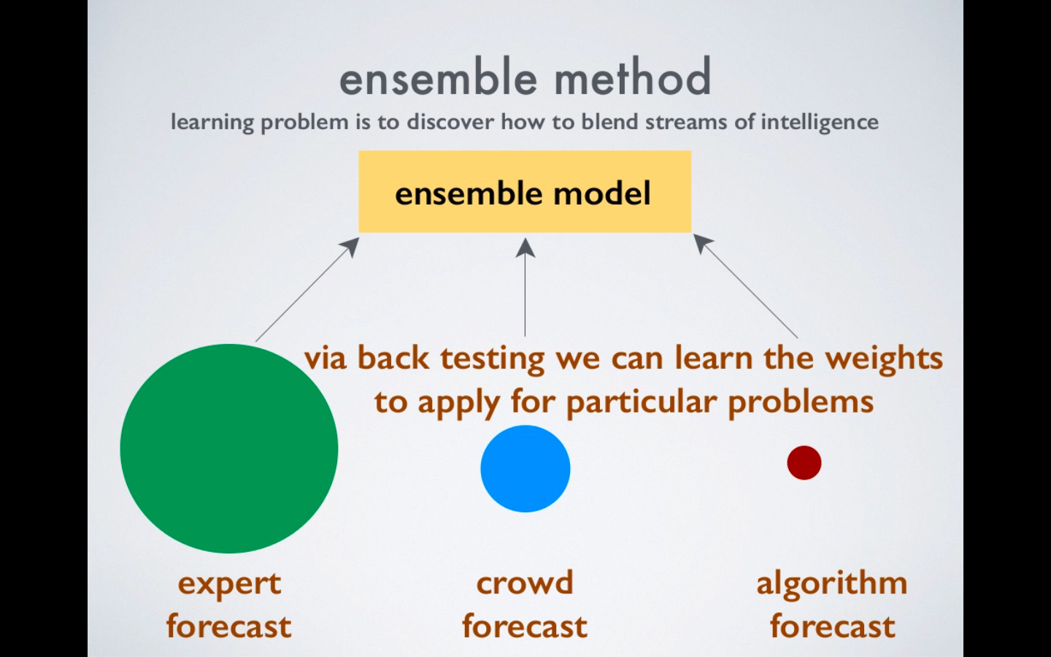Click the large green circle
click(228, 448)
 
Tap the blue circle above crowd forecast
click(525, 469)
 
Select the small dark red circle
click(804, 463)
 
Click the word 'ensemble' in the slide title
click(438, 77)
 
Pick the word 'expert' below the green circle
click(229, 584)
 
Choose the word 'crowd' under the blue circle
click(525, 583)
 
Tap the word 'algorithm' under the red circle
click(831, 584)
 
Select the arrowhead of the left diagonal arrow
click(352, 245)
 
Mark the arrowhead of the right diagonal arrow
click(701, 242)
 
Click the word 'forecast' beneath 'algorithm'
click(832, 626)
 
